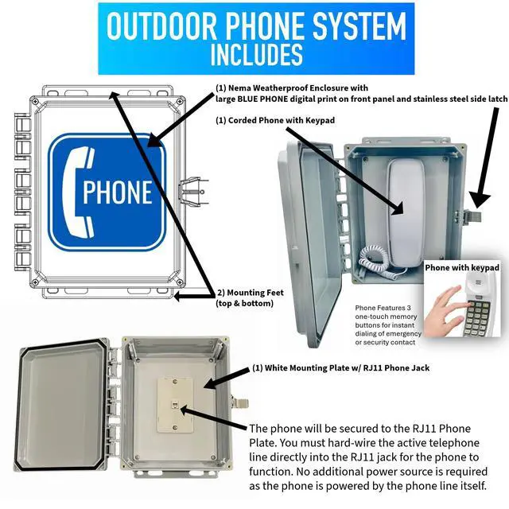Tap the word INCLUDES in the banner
pyautogui.click(x=256, y=54)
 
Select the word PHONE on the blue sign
pyautogui.click(x=117, y=192)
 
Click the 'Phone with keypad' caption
pyautogui.click(x=462, y=267)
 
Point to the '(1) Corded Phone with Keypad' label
pyautogui.click(x=275, y=120)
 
